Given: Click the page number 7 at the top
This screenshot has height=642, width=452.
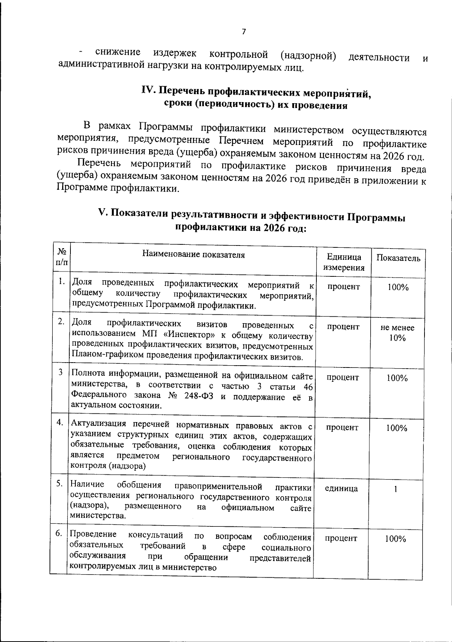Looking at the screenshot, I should pyautogui.click(x=244, y=32).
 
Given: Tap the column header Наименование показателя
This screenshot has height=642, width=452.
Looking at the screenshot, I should pyautogui.click(x=193, y=255).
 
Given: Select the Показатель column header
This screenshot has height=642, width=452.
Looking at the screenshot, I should pyautogui.click(x=398, y=258).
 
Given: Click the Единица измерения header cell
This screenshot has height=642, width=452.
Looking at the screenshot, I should pyautogui.click(x=344, y=262).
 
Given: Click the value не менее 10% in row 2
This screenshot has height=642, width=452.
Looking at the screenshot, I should pyautogui.click(x=397, y=333).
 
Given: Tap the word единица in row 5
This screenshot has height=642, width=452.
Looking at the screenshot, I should pyautogui.click(x=341, y=489).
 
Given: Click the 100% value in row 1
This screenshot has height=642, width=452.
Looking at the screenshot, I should pyautogui.click(x=398, y=288).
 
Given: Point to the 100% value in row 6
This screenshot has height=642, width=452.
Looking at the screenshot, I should pyautogui.click(x=395, y=539).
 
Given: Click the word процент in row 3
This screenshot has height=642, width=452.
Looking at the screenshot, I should pyautogui.click(x=343, y=378).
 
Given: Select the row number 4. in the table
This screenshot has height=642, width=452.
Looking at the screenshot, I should pyautogui.click(x=60, y=422).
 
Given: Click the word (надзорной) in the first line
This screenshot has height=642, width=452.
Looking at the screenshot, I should pyautogui.click(x=308, y=56).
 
